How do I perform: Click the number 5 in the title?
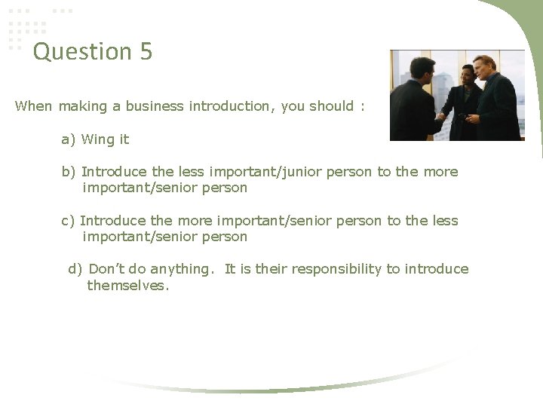(145, 52)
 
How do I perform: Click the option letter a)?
(69, 139)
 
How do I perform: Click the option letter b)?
(69, 172)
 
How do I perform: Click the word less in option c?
(444, 221)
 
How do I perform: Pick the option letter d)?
(75, 269)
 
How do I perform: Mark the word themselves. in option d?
(128, 286)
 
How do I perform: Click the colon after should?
(362, 106)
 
